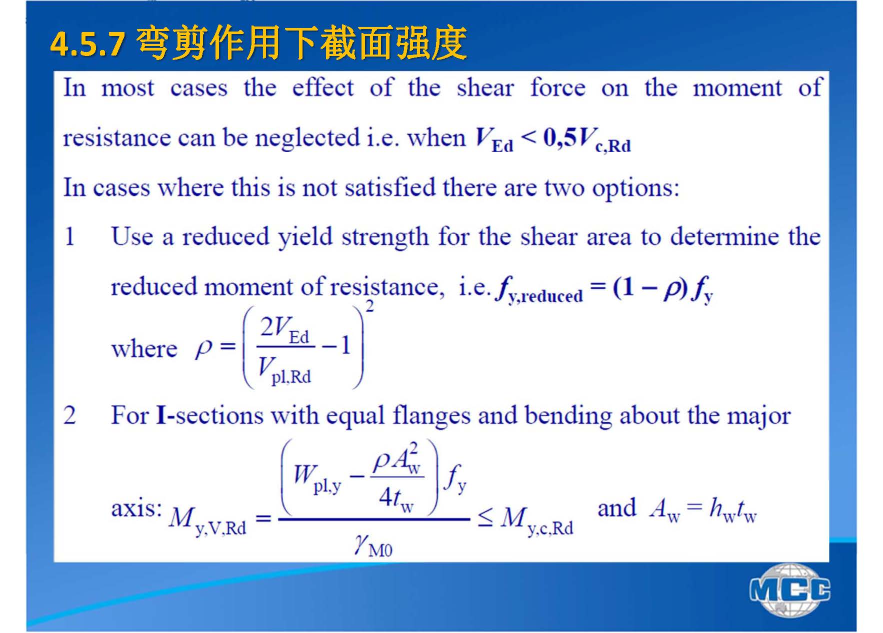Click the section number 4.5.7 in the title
click(87, 45)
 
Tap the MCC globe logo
click(790, 590)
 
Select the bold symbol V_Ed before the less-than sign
click(494, 140)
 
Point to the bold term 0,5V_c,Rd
click(587, 140)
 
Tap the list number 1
click(70, 237)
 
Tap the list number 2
click(69, 416)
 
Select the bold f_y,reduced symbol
click(539, 291)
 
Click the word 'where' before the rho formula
click(144, 349)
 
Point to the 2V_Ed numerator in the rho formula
click(284, 330)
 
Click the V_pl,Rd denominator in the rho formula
click(284, 371)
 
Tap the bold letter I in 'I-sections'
click(161, 416)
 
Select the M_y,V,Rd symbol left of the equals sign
click(207, 520)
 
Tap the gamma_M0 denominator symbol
click(373, 546)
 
